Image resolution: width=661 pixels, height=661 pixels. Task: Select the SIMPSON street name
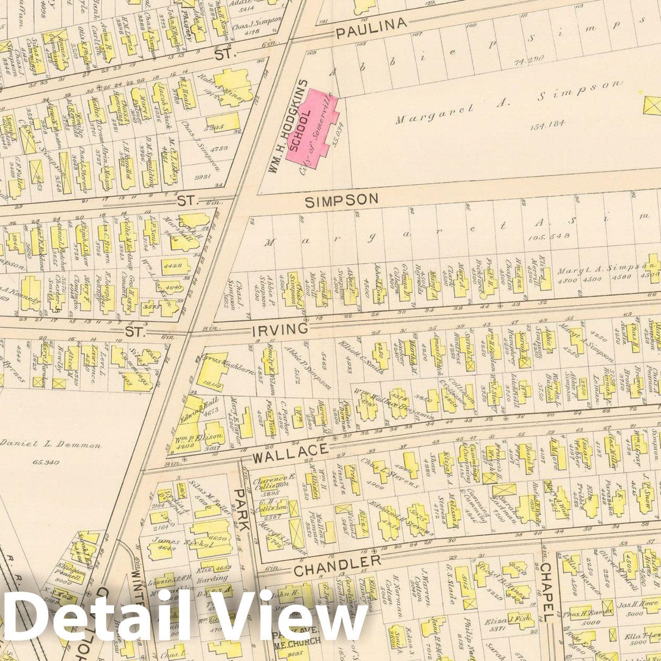click(x=342, y=200)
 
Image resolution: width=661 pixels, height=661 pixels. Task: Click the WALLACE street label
click(x=291, y=453)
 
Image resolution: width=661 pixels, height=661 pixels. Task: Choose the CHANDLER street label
click(x=338, y=565)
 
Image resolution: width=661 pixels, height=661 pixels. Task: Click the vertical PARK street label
click(x=242, y=510)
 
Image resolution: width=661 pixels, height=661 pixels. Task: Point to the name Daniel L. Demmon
click(x=51, y=445)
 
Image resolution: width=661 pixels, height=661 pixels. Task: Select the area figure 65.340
click(x=46, y=463)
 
